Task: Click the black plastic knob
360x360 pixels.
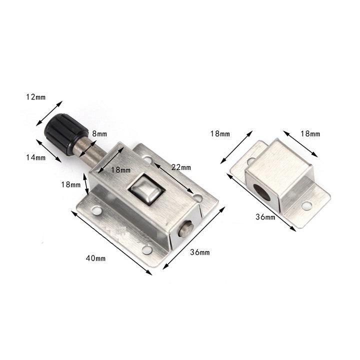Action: pyautogui.click(x=64, y=131)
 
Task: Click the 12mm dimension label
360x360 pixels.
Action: pyautogui.click(x=35, y=97)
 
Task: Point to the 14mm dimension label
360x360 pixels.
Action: pyautogui.click(x=35, y=157)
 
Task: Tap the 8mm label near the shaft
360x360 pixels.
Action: pyautogui.click(x=99, y=133)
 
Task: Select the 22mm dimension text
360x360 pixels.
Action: pyautogui.click(x=180, y=166)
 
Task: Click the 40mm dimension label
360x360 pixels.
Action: pyautogui.click(x=95, y=258)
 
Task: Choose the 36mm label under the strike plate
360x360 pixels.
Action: pyautogui.click(x=265, y=217)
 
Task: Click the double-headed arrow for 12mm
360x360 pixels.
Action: pyautogui.click(x=50, y=113)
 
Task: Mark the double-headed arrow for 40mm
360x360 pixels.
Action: pyautogui.click(x=112, y=242)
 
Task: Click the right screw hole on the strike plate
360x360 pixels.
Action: pyautogui.click(x=306, y=204)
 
